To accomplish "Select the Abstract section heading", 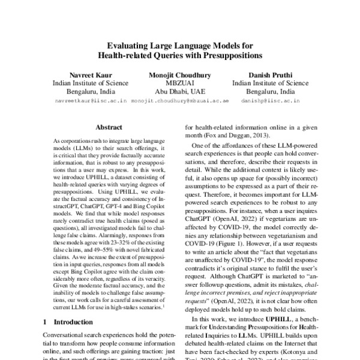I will click(109, 127).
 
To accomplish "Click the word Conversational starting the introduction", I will click(69, 335).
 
